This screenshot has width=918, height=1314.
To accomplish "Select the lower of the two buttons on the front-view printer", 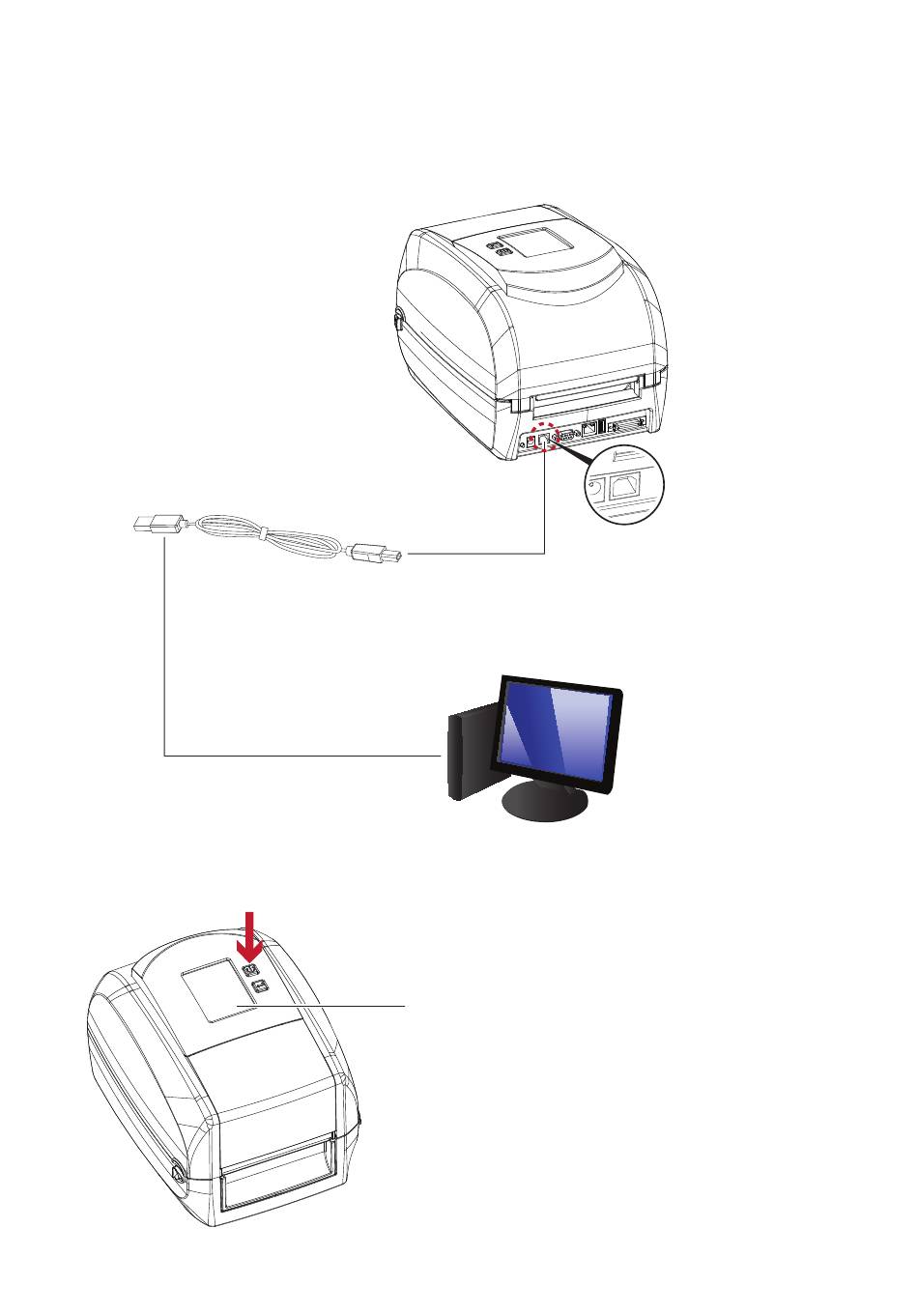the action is [x=259, y=985].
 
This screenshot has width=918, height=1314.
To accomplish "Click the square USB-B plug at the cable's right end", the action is [x=379, y=554].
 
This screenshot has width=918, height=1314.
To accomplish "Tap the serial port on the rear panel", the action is [x=567, y=434].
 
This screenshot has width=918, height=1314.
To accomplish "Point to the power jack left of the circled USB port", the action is [x=531, y=442].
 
